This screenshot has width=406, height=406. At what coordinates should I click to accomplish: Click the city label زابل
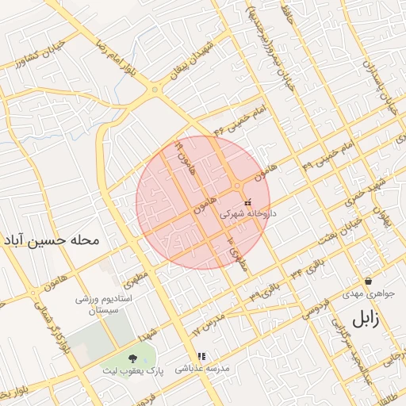[x=365, y=320]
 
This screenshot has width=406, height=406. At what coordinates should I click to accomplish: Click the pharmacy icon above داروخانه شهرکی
[x=249, y=201]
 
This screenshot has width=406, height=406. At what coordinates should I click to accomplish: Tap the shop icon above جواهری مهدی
[x=369, y=282]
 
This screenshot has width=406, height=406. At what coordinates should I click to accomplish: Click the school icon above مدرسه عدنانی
[x=201, y=356]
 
